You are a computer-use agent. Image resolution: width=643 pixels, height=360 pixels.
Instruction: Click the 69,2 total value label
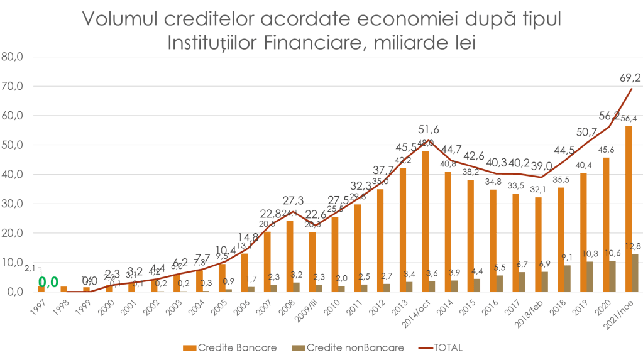pyautogui.click(x=630, y=78)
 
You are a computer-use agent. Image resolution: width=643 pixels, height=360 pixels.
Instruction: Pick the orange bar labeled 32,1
pyautogui.click(x=538, y=244)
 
